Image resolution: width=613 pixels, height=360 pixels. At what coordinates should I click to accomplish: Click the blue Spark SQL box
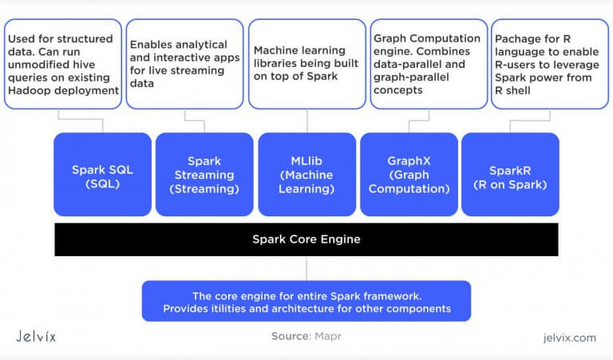(x=102, y=174)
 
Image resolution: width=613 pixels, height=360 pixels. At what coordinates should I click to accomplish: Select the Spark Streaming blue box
(x=204, y=174)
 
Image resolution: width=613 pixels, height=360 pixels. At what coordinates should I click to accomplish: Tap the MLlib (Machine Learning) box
(x=306, y=174)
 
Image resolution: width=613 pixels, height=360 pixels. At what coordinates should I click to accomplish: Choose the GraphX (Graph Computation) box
(x=409, y=174)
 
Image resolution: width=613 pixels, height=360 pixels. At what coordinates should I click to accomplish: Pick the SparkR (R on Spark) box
(x=510, y=174)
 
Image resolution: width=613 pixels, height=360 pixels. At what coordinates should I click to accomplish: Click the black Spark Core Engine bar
(x=306, y=239)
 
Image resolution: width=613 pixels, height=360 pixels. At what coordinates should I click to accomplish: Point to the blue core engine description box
(x=306, y=301)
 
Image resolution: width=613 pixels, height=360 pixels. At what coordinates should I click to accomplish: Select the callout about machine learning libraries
(x=306, y=64)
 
